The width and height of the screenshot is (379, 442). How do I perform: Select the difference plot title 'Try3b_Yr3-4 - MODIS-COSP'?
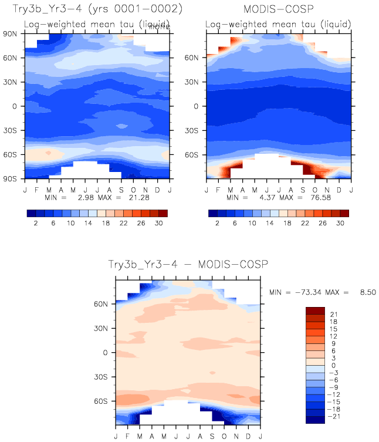click(187, 265)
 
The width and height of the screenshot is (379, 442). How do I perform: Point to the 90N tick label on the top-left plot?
click(12, 33)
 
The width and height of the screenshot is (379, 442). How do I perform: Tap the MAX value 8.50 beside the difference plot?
click(364, 292)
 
